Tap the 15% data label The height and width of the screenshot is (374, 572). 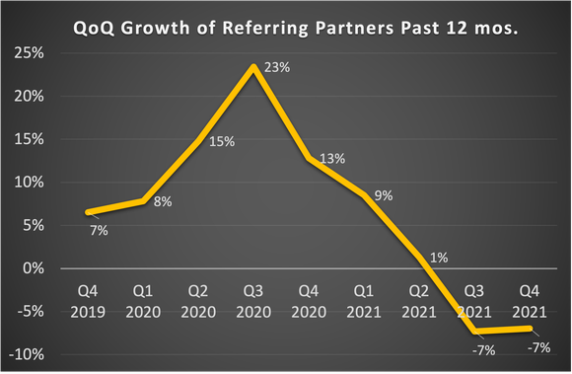[222, 141]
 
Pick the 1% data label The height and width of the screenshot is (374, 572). [439, 258]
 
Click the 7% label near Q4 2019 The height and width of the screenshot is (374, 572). [99, 230]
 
